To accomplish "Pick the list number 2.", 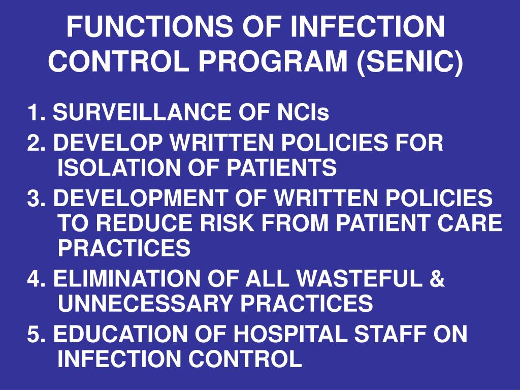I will click(x=34, y=144).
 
